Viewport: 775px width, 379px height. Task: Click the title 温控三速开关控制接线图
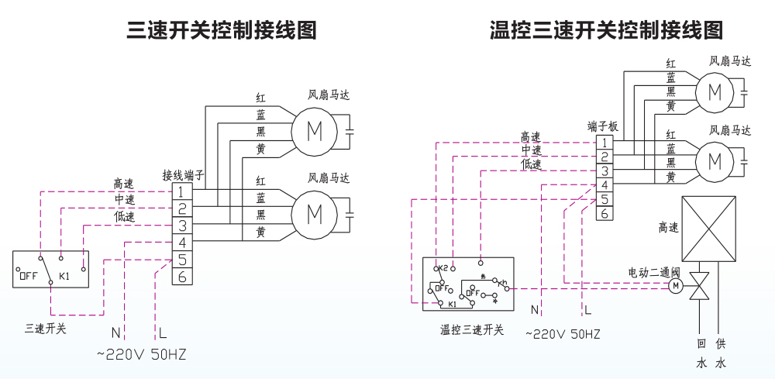tap(606, 30)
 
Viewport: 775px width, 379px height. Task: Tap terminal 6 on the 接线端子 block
tap(182, 277)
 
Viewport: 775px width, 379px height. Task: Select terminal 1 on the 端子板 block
tap(605, 143)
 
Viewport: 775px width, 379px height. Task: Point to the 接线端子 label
tap(183, 175)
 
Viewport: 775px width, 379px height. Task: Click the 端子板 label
tap(603, 126)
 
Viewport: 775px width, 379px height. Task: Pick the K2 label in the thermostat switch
tap(443, 269)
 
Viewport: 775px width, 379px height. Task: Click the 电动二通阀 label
tap(653, 273)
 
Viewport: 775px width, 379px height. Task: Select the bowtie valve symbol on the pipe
tap(700, 287)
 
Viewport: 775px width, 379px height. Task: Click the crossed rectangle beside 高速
tap(708, 229)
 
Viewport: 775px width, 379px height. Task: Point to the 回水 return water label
tap(701, 353)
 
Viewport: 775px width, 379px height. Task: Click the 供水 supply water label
tap(722, 353)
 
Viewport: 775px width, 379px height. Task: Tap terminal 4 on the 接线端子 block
tap(182, 243)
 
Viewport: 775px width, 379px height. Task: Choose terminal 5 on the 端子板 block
tap(605, 199)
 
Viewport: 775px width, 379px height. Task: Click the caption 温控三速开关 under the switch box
tap(472, 329)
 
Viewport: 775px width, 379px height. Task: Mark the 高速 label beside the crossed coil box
tap(668, 228)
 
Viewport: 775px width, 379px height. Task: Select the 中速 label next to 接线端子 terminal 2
tap(124, 200)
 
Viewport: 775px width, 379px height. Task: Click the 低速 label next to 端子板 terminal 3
tap(532, 164)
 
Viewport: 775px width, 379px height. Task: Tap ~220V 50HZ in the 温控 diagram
tap(563, 335)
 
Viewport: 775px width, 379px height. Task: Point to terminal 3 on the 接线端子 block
tap(182, 226)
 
